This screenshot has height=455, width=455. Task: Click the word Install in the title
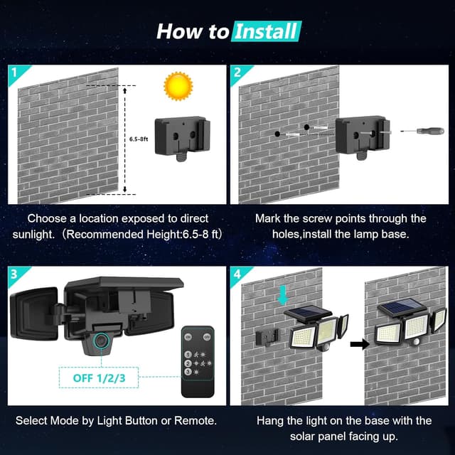(266, 31)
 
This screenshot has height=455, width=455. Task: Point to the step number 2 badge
(237, 72)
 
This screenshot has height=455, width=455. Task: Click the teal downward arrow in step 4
(282, 293)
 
